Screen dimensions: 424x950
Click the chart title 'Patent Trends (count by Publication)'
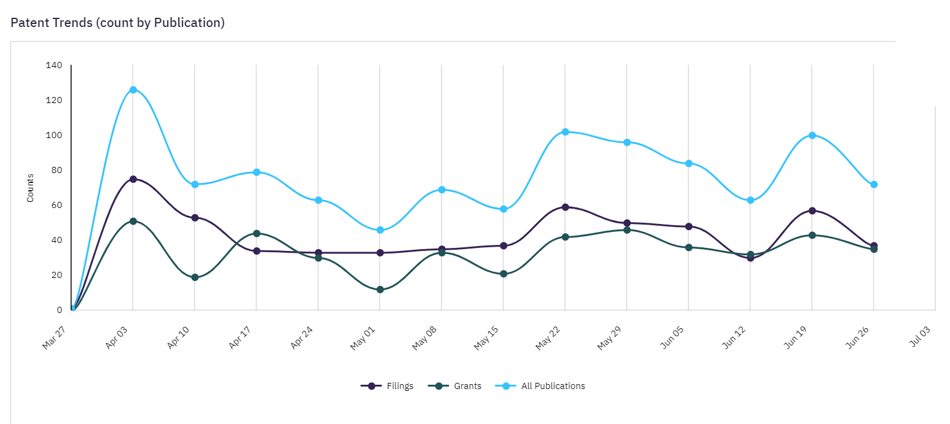coord(118,23)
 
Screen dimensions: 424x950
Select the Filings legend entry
coord(387,386)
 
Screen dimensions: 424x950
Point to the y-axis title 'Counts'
coord(29,188)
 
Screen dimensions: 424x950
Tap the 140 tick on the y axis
coord(54,65)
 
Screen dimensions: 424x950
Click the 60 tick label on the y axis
coord(56,205)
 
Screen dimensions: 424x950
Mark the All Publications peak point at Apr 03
coord(133,90)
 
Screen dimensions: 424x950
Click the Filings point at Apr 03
coord(133,179)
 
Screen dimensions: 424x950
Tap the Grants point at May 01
coord(380,290)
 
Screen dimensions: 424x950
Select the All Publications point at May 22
coord(565,132)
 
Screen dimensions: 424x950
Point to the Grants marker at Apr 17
coord(257,233)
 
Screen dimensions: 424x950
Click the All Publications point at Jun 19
coord(812,135)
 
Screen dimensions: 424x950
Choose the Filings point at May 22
coord(565,207)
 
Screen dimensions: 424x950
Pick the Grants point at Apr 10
coord(195,277)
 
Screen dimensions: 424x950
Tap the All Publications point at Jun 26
coord(874,184)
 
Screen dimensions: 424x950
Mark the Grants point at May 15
coord(504,274)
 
